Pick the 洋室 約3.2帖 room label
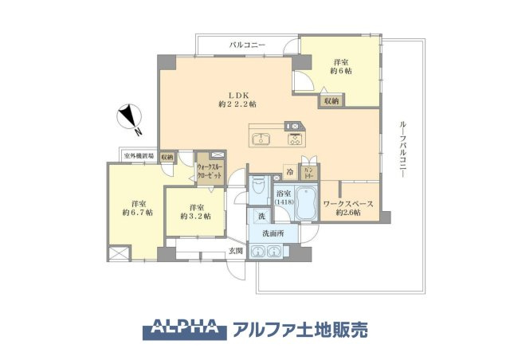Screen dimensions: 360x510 (x=194, y=211)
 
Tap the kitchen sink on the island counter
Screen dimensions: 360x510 (x=262, y=141)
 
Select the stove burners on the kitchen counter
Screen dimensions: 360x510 (x=294, y=141)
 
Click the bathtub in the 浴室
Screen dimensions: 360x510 (x=307, y=198)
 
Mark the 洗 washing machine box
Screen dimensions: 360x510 (x=261, y=216)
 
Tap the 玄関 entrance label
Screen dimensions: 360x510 (x=236, y=252)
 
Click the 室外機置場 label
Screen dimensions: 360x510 (x=138, y=156)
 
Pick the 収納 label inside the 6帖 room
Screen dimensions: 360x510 (x=331, y=101)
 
